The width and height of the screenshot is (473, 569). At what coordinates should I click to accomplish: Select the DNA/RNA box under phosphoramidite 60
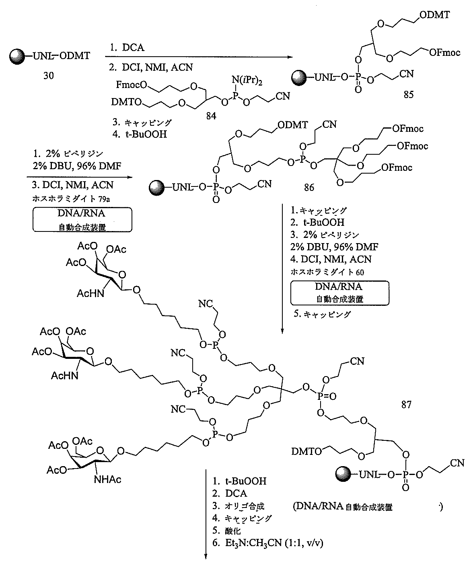tap(339, 292)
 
